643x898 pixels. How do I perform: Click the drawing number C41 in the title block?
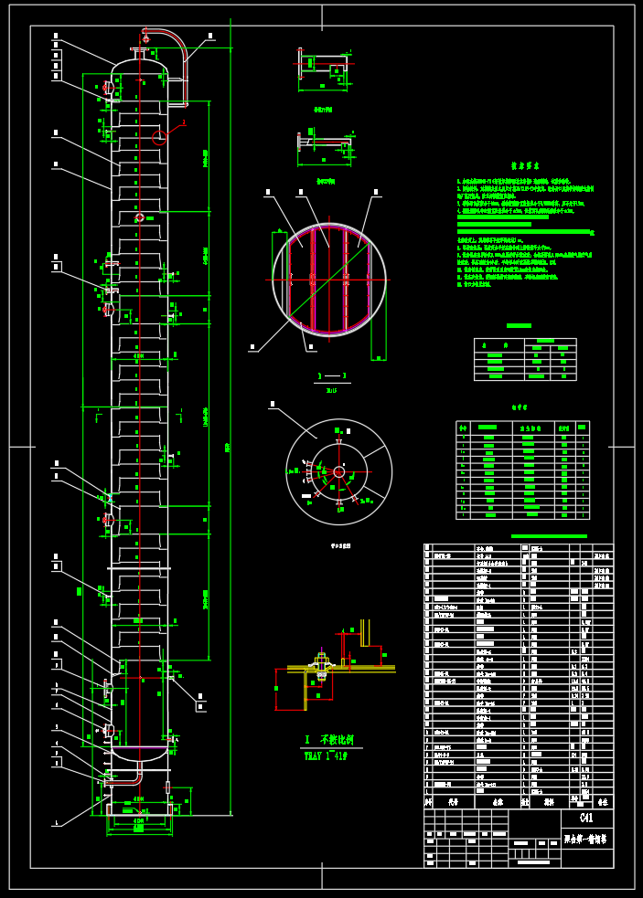(586, 818)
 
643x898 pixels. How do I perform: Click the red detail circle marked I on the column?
(159, 138)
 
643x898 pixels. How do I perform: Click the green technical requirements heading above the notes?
(528, 166)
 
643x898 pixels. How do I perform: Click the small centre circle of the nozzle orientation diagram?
(338, 471)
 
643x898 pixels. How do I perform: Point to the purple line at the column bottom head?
(139, 747)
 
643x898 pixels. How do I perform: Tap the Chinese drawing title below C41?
(586, 838)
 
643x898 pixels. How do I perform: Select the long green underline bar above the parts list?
(549, 536)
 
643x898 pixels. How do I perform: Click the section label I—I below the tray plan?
(331, 375)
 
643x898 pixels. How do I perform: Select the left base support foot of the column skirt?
(110, 809)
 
